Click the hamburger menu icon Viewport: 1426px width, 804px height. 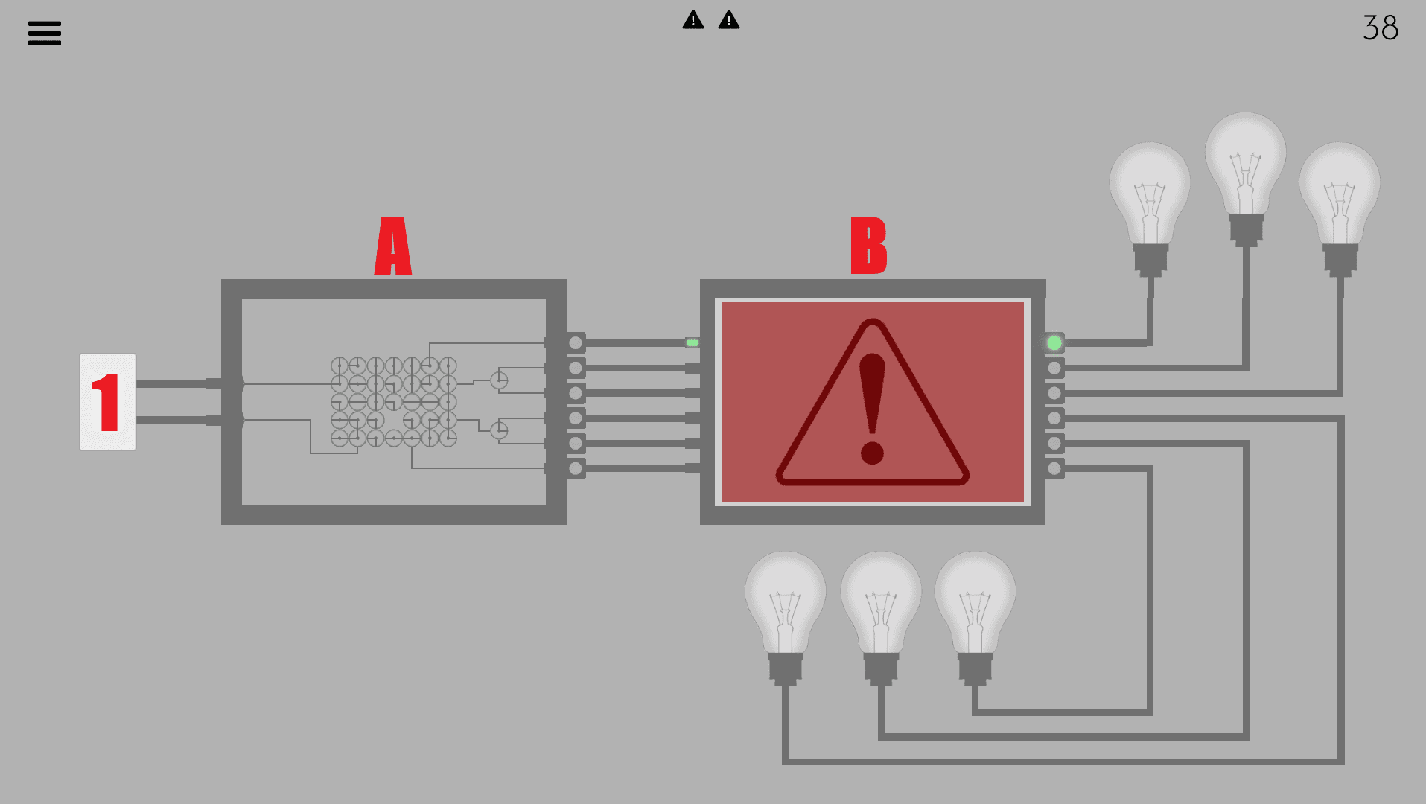[45, 33]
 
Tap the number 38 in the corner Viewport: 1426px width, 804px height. [1381, 28]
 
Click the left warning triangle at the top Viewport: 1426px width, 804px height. [693, 20]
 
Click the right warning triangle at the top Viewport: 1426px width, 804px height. [729, 20]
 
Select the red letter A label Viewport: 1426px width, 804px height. [393, 246]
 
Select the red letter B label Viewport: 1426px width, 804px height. [869, 246]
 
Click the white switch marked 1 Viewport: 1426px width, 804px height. [108, 402]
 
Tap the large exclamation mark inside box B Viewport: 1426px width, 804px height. [872, 408]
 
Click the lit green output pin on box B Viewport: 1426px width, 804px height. [1054, 343]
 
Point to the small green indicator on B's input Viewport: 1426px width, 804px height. [693, 343]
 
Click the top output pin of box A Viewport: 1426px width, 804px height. [576, 343]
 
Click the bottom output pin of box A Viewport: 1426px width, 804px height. [576, 468]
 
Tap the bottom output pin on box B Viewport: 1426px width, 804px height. [1054, 468]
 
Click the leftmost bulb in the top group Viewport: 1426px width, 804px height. [1150, 208]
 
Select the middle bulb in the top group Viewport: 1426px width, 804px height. [1246, 179]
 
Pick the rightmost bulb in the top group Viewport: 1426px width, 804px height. [1340, 208]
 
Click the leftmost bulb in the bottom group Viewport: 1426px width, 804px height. [786, 618]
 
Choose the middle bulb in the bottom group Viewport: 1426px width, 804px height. [881, 618]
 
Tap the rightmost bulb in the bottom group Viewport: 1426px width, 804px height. [975, 618]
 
